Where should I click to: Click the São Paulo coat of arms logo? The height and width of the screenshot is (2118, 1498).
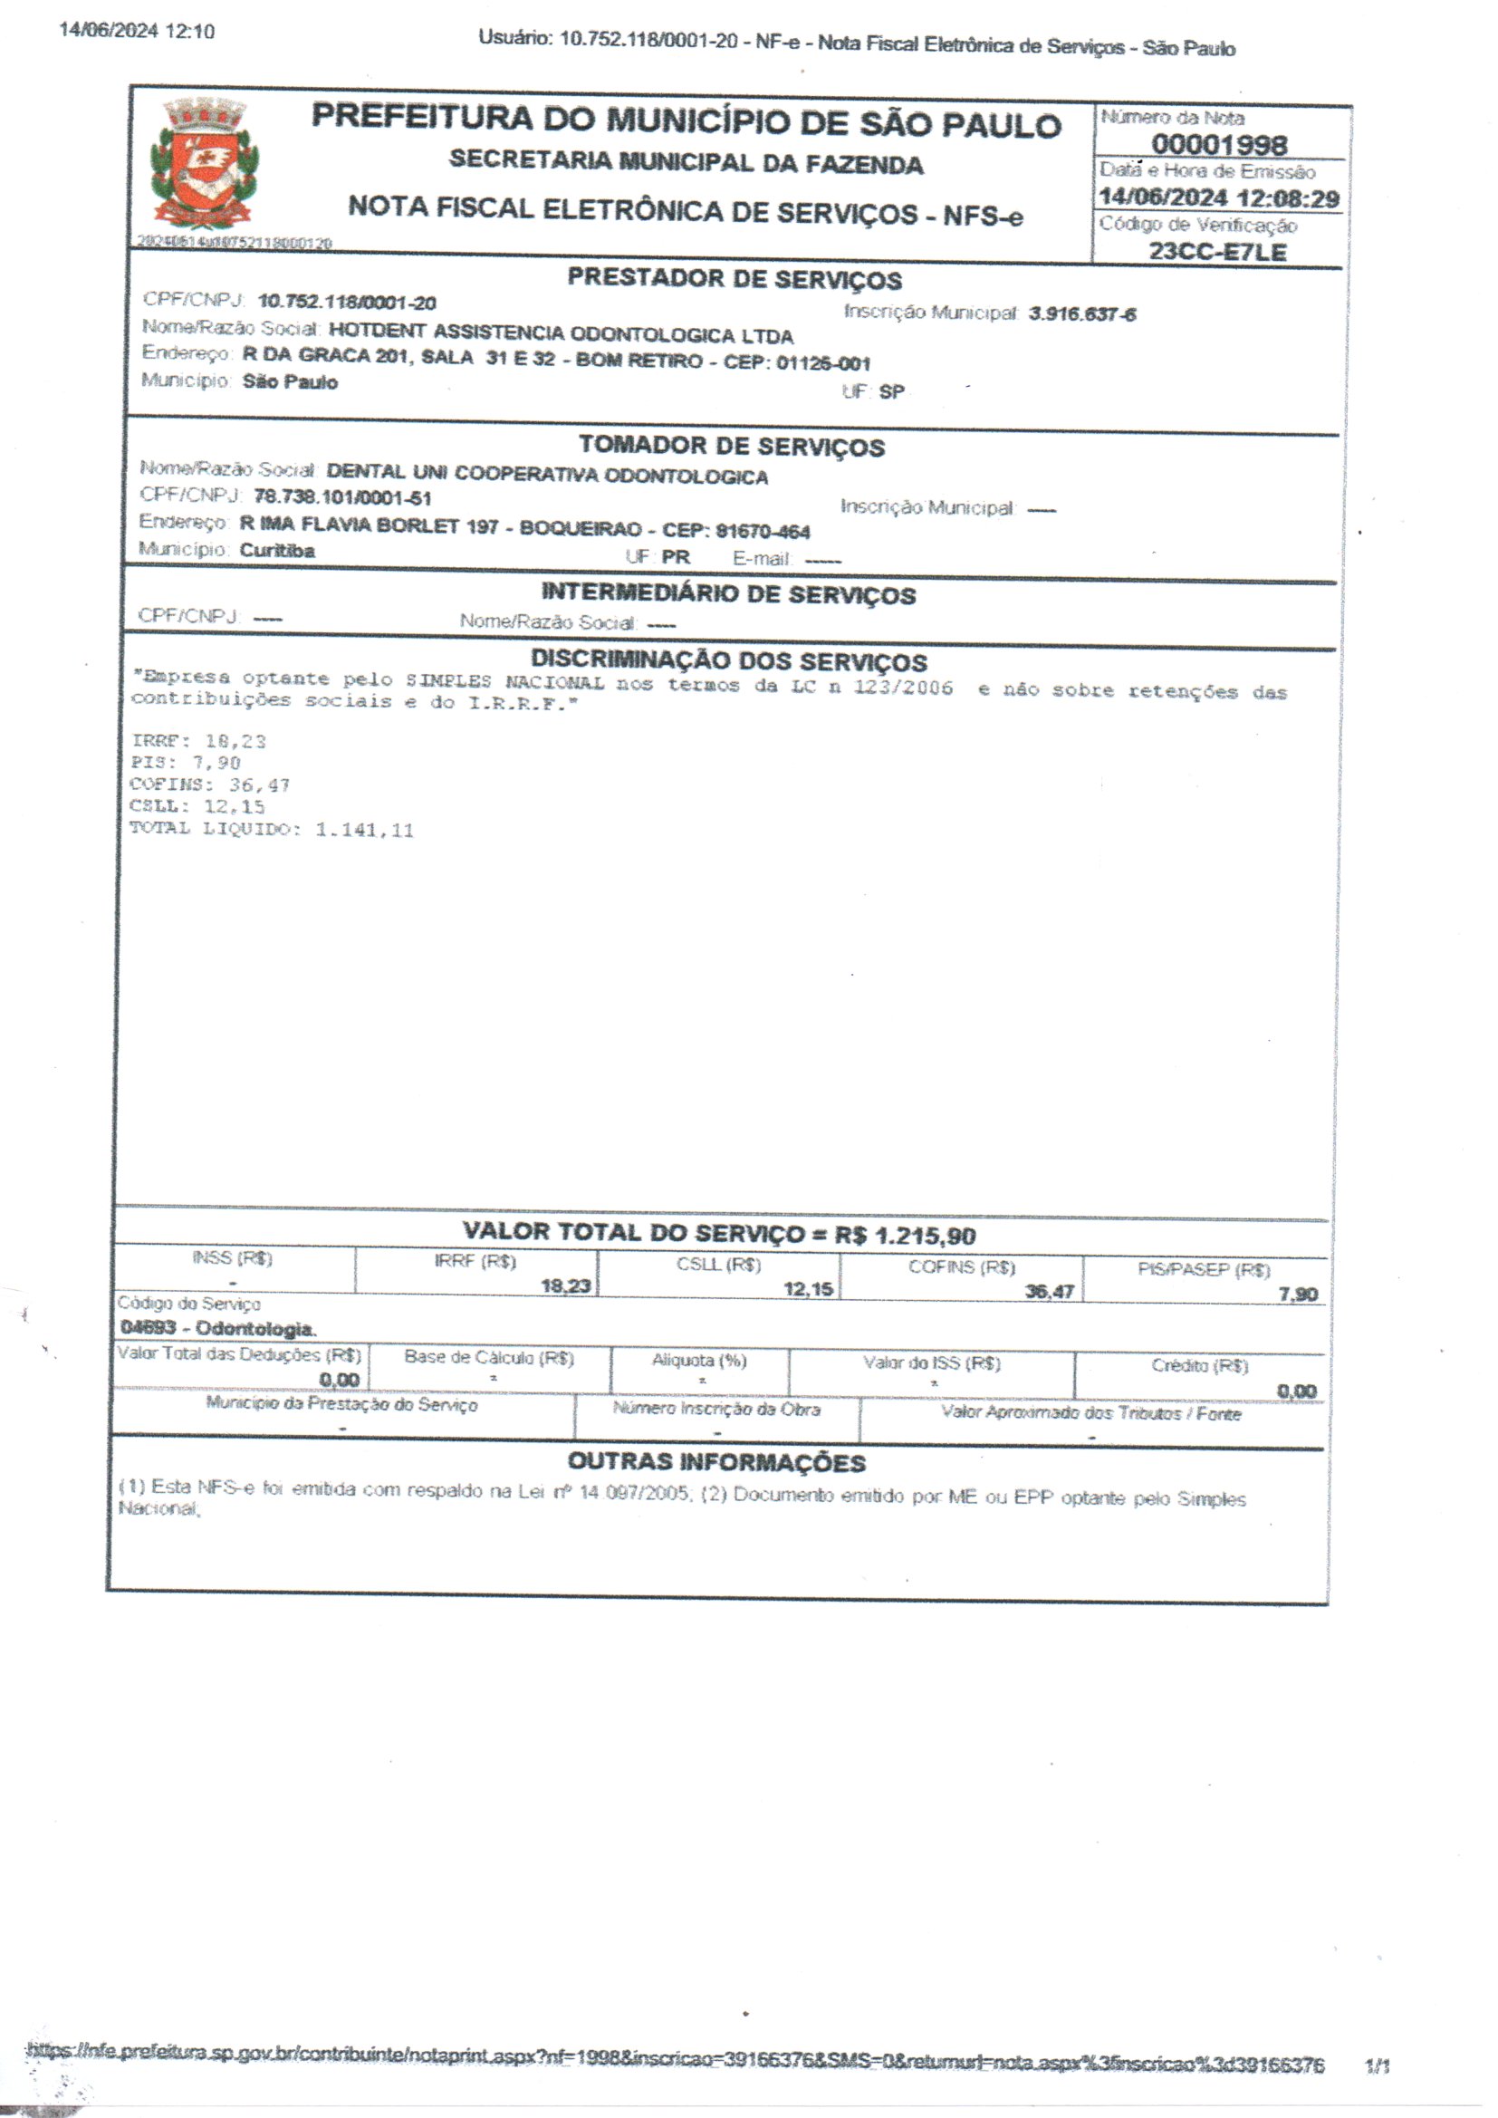pyautogui.click(x=205, y=164)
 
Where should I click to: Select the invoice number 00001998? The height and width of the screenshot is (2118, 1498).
pyautogui.click(x=1218, y=145)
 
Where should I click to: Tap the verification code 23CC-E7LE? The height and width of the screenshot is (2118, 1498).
pyautogui.click(x=1217, y=252)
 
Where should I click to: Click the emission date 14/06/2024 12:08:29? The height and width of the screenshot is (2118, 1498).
pyautogui.click(x=1218, y=198)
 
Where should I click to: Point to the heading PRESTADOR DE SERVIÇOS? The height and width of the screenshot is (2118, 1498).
pyautogui.click(x=735, y=279)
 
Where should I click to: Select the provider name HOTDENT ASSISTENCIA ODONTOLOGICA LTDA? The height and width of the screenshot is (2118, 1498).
pyautogui.click(x=561, y=333)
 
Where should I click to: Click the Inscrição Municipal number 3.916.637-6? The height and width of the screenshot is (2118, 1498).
pyautogui.click(x=1082, y=313)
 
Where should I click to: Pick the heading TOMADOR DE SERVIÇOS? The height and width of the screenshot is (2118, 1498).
pyautogui.click(x=732, y=447)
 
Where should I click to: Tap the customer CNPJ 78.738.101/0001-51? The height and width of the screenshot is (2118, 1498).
pyautogui.click(x=342, y=498)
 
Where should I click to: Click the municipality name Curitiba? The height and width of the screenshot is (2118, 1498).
pyautogui.click(x=277, y=551)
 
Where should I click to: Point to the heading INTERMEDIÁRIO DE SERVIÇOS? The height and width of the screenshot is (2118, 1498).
pyautogui.click(x=729, y=594)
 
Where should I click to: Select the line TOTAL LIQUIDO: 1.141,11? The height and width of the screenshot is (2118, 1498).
pyautogui.click(x=271, y=829)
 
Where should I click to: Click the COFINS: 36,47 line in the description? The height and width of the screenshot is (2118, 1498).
pyautogui.click(x=209, y=785)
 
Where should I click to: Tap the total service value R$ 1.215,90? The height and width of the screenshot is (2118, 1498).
pyautogui.click(x=905, y=1235)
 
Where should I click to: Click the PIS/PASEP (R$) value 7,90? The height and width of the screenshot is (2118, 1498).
pyautogui.click(x=1298, y=1295)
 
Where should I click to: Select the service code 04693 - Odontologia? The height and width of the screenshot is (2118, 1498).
pyautogui.click(x=217, y=1328)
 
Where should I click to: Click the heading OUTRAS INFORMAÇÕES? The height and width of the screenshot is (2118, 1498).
pyautogui.click(x=716, y=1462)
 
